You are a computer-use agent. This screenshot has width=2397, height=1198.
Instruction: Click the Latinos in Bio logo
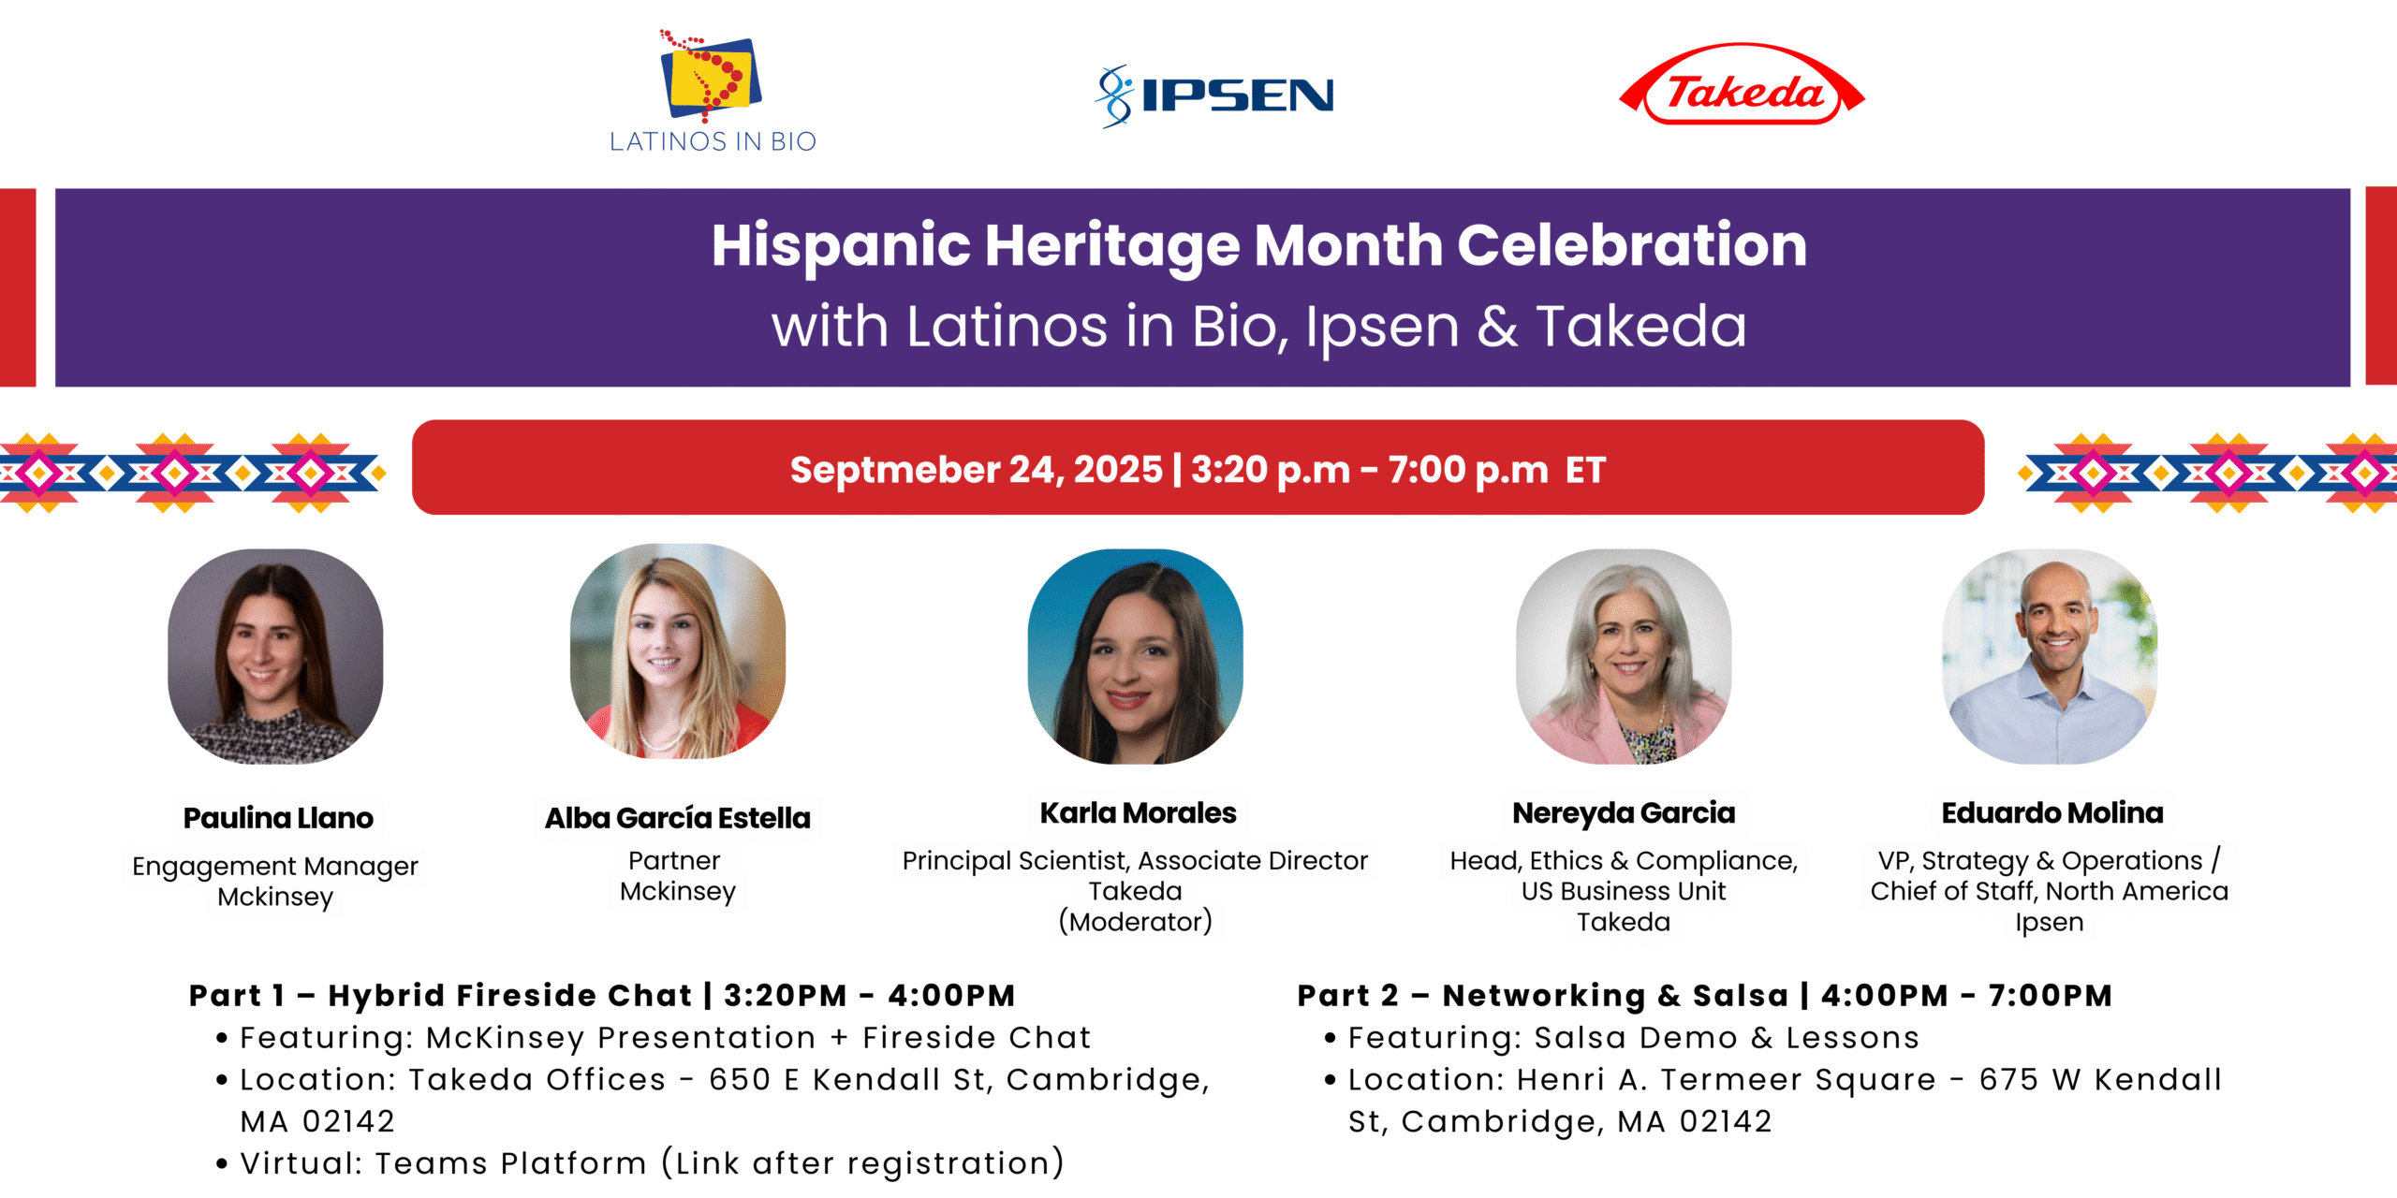[x=713, y=91]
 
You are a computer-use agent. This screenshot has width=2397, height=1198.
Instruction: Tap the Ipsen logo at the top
[x=1214, y=95]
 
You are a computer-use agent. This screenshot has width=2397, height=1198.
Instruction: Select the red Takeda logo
[x=1743, y=84]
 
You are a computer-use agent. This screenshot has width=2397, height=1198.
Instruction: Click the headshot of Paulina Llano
[x=275, y=656]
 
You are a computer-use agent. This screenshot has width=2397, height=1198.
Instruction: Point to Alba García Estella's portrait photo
[x=678, y=651]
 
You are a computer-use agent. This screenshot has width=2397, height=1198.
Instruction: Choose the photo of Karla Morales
[x=1136, y=656]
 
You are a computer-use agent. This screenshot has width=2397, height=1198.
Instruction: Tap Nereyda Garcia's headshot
[x=1624, y=656]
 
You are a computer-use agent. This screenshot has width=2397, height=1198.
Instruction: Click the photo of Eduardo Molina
[x=2051, y=656]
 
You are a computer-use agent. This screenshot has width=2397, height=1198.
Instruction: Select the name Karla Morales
[x=1138, y=812]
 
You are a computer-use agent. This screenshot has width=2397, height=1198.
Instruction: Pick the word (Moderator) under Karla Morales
[x=1136, y=922]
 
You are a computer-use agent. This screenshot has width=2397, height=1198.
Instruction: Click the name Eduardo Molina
[x=2052, y=812]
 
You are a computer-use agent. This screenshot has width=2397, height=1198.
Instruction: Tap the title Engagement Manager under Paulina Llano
[x=275, y=867]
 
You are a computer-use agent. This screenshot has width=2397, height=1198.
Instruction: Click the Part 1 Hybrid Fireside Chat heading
[x=602, y=995]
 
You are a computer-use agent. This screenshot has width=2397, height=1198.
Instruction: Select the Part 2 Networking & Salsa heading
[x=1705, y=995]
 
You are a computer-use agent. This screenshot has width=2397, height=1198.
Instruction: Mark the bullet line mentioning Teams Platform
[x=641, y=1162]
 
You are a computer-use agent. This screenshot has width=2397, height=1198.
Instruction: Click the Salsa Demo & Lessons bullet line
[x=1623, y=1037]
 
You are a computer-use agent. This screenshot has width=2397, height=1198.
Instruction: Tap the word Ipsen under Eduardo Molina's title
[x=2050, y=922]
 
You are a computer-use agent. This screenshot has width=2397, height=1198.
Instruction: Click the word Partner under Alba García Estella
[x=674, y=860]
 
